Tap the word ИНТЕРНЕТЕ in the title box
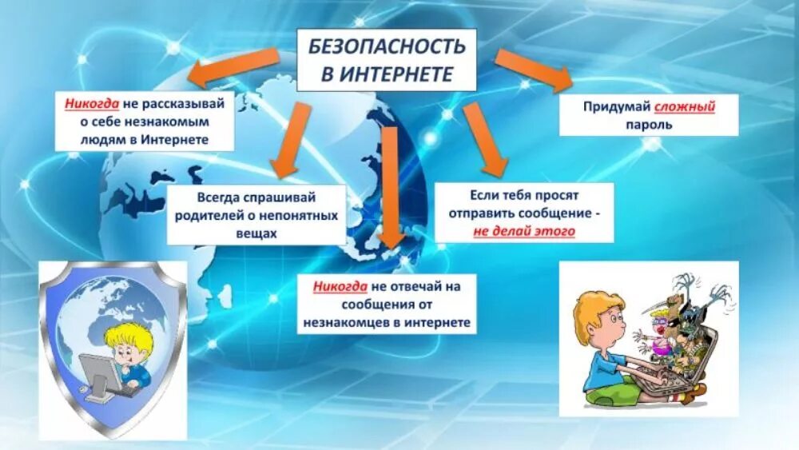pos(397,74)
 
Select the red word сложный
pos(685,106)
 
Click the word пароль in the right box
pos(649,125)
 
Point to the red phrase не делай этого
pos(524,232)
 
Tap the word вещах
pos(256,234)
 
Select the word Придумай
pos(616,106)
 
